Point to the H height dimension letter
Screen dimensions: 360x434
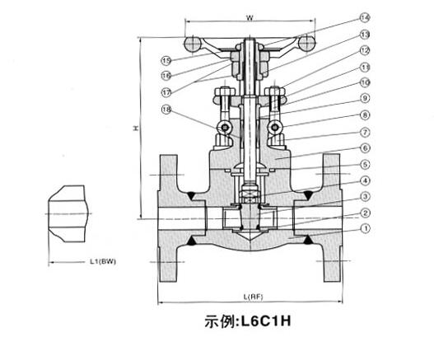point(137,128)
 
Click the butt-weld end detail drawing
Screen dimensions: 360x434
point(68,213)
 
